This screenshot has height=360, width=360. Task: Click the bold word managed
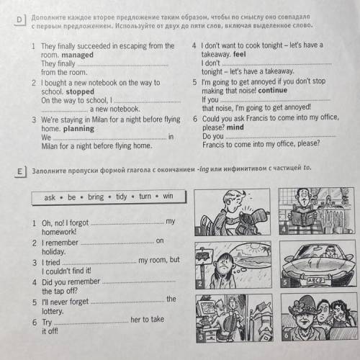pos(78,55)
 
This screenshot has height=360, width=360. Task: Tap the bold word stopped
pos(80,91)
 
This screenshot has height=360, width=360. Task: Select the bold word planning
pos(78,129)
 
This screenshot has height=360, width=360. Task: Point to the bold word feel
pos(240,54)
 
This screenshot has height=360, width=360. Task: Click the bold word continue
pos(273,90)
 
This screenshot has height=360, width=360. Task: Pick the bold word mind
pos(235,127)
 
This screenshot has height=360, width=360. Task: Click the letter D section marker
pos(19,19)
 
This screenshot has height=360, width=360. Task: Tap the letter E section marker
pos(19,171)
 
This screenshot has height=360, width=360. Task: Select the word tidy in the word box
pos(122,197)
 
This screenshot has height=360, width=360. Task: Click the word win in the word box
pos(168,196)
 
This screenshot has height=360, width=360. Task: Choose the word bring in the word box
pos(96,197)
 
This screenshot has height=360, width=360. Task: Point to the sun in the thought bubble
pos(255,247)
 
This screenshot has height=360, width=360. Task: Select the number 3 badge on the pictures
pos(201,337)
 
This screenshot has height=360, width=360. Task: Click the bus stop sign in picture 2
pos(204,256)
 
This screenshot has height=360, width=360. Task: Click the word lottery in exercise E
pos(53,311)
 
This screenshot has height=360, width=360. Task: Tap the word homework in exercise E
pos(59,232)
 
